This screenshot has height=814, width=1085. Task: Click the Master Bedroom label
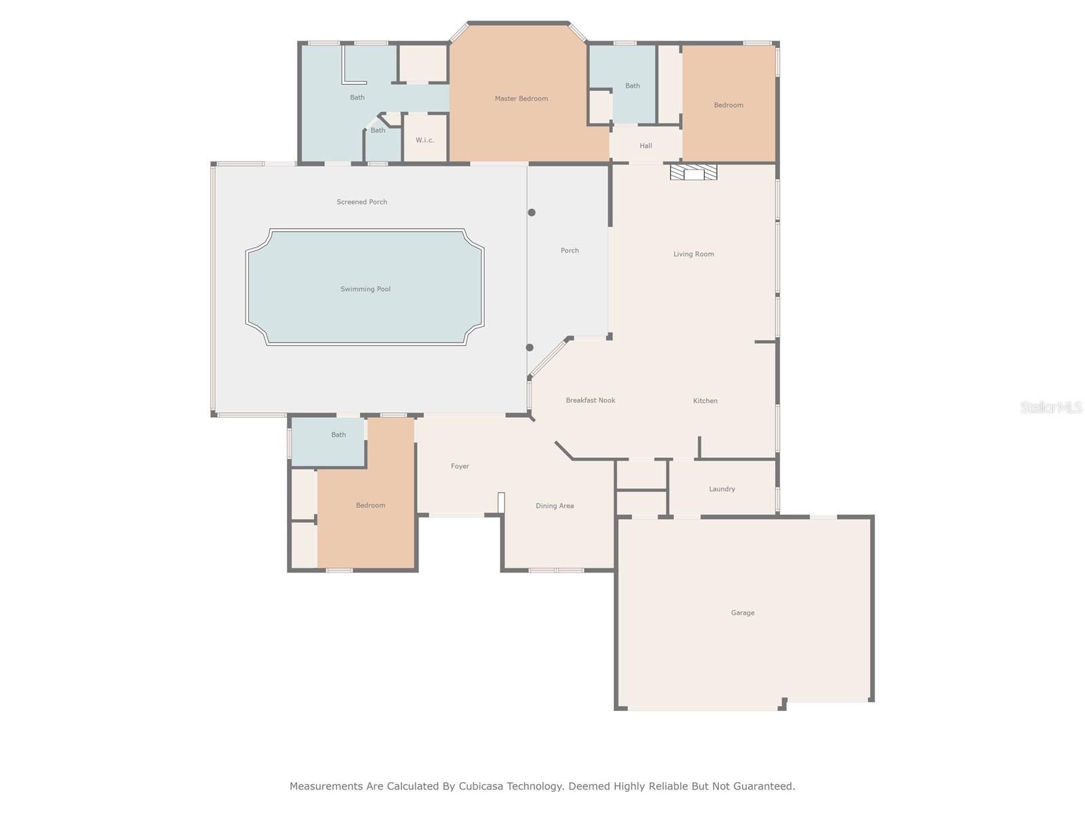coord(521,99)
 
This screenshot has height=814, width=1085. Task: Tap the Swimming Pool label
coord(366,289)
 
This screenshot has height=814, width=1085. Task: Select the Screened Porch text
coord(362,201)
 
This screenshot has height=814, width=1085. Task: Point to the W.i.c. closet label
coord(425,140)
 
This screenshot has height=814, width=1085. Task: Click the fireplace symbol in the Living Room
coord(693,172)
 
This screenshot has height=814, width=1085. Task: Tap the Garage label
coord(743,613)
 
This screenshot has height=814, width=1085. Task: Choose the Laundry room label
coord(722,489)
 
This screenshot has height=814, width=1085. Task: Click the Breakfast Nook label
coord(590,400)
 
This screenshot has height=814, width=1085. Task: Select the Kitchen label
coord(705,401)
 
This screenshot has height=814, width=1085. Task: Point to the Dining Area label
coord(555,506)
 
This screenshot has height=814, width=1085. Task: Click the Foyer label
coord(460,467)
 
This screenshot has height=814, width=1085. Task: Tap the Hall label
coord(646,146)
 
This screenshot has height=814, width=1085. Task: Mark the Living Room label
coord(694,254)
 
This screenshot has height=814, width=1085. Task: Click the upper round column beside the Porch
coord(532,212)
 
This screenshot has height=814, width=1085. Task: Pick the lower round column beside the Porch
coord(530,347)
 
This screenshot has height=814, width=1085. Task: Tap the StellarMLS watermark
coord(1051,407)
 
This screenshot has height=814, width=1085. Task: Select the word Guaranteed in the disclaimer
coord(764,786)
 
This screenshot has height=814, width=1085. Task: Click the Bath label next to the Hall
coord(632,86)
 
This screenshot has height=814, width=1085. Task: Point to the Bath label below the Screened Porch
coord(338,435)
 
